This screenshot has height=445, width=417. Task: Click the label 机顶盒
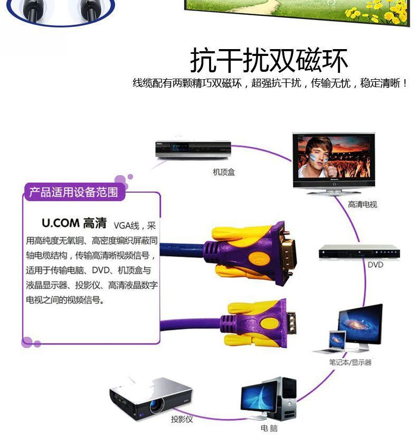tap(224, 172)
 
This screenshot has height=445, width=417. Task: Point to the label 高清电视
tap(363, 205)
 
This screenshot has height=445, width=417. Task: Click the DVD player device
tap(359, 252)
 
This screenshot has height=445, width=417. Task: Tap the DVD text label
tap(375, 264)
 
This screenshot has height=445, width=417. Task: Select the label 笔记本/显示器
tap(350, 362)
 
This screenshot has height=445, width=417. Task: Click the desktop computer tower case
tap(287, 397)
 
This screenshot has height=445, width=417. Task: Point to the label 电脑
tap(269, 429)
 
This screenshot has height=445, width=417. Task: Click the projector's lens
tap(156, 406)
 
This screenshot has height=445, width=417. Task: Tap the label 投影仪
tap(182, 420)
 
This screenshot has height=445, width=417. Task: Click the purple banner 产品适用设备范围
tap(73, 192)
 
